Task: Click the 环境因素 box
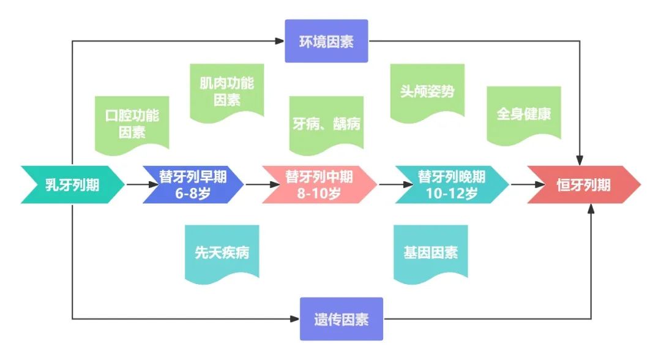(326, 42)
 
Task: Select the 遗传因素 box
(342, 319)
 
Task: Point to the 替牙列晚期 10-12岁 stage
(451, 184)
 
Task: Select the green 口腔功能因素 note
(132, 124)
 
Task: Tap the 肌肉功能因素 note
(226, 91)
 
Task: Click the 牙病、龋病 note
(326, 124)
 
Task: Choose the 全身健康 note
(524, 114)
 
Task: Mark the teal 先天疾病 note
(222, 253)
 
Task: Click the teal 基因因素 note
(431, 252)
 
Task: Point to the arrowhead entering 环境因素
(280, 42)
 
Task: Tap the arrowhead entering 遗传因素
(295, 319)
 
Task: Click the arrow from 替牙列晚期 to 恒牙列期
(520, 184)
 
